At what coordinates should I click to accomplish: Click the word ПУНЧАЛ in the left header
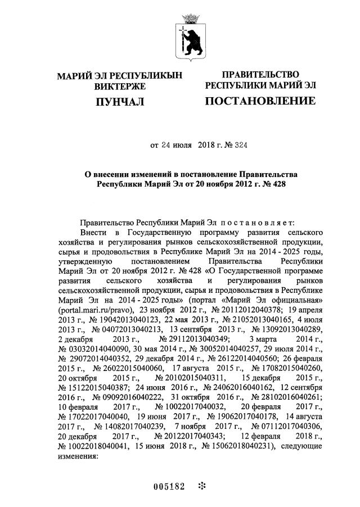(120, 102)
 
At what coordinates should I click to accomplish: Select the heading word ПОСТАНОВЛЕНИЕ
(259, 101)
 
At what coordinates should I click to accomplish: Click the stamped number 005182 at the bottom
(169, 486)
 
